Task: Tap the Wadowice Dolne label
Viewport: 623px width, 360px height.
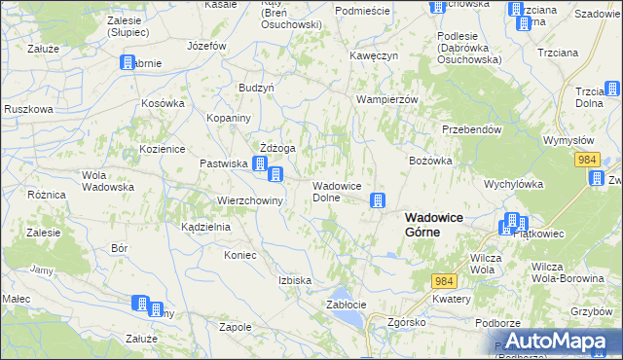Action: (337, 191)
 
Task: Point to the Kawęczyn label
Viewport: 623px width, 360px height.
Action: (375, 55)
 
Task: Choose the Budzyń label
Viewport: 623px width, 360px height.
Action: (256, 87)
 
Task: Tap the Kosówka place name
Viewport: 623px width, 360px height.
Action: (163, 103)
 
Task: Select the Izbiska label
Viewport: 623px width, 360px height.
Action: (295, 280)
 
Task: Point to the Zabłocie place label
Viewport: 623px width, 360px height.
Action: (345, 305)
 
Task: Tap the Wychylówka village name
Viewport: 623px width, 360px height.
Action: (513, 183)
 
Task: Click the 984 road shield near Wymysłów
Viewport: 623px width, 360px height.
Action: (585, 158)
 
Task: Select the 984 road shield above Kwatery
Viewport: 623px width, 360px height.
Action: (445, 280)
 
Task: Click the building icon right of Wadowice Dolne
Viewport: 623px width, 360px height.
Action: (376, 201)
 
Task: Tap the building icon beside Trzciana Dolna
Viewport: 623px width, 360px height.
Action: (612, 90)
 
